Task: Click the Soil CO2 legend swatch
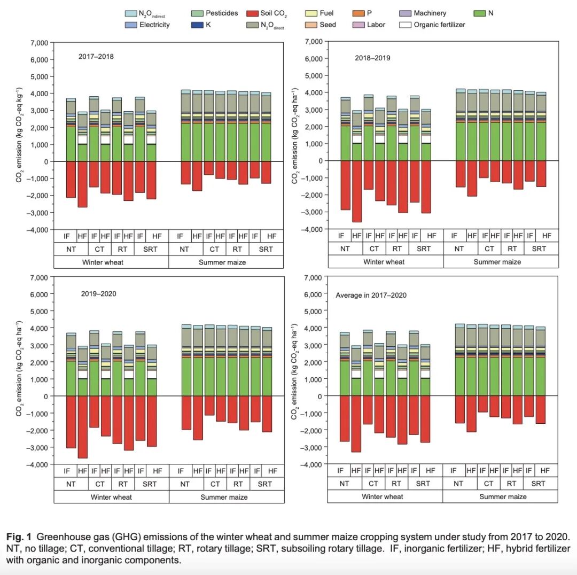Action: point(252,13)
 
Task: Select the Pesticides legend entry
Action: point(221,13)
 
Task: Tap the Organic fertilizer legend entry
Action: point(439,25)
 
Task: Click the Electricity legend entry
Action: point(154,25)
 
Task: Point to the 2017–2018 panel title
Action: point(97,56)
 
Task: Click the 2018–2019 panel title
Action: point(372,58)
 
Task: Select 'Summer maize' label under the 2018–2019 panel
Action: point(497,262)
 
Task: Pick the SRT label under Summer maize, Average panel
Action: point(539,483)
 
